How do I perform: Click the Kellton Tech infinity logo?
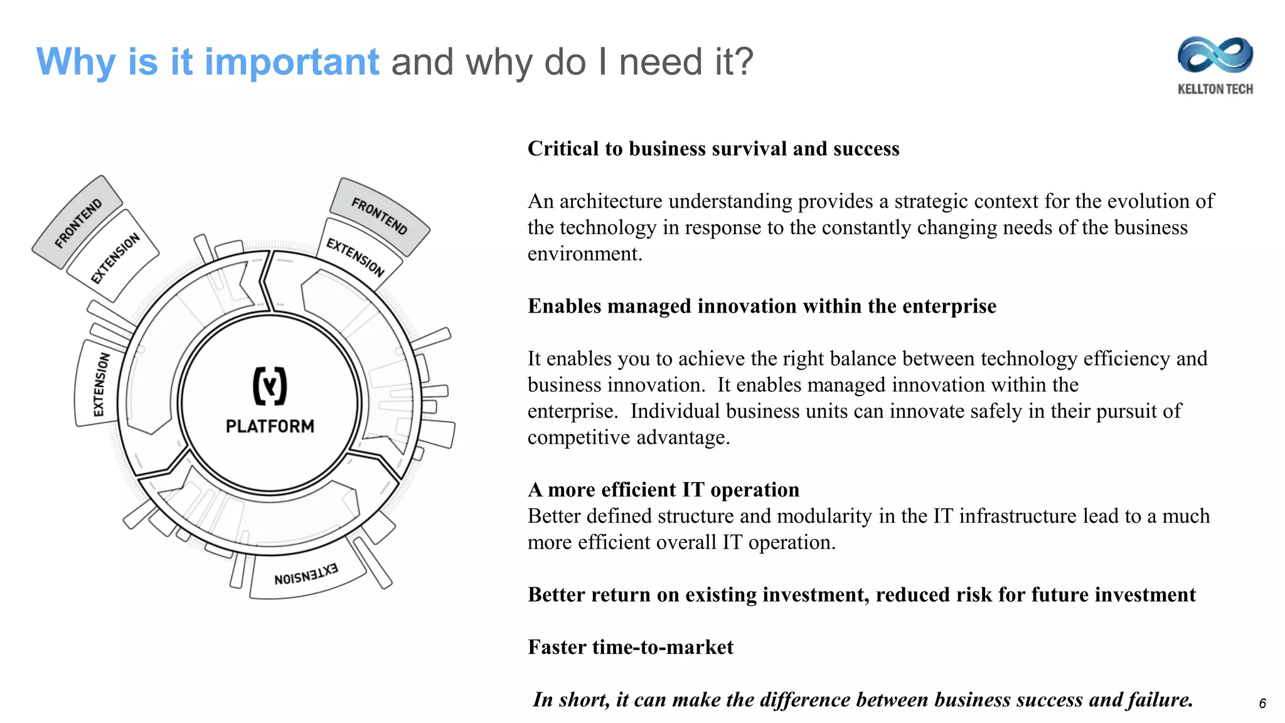coord(1215,55)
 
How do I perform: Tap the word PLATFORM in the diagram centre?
coord(270,426)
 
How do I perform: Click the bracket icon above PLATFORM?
coord(270,385)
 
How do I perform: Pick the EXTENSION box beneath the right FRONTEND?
coord(355,257)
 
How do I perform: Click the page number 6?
coord(1262,704)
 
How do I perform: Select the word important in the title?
coord(292,62)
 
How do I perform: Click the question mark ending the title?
coord(744,62)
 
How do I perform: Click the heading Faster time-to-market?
coord(631,647)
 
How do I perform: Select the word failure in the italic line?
coord(1160,699)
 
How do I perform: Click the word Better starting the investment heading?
coord(558,594)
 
